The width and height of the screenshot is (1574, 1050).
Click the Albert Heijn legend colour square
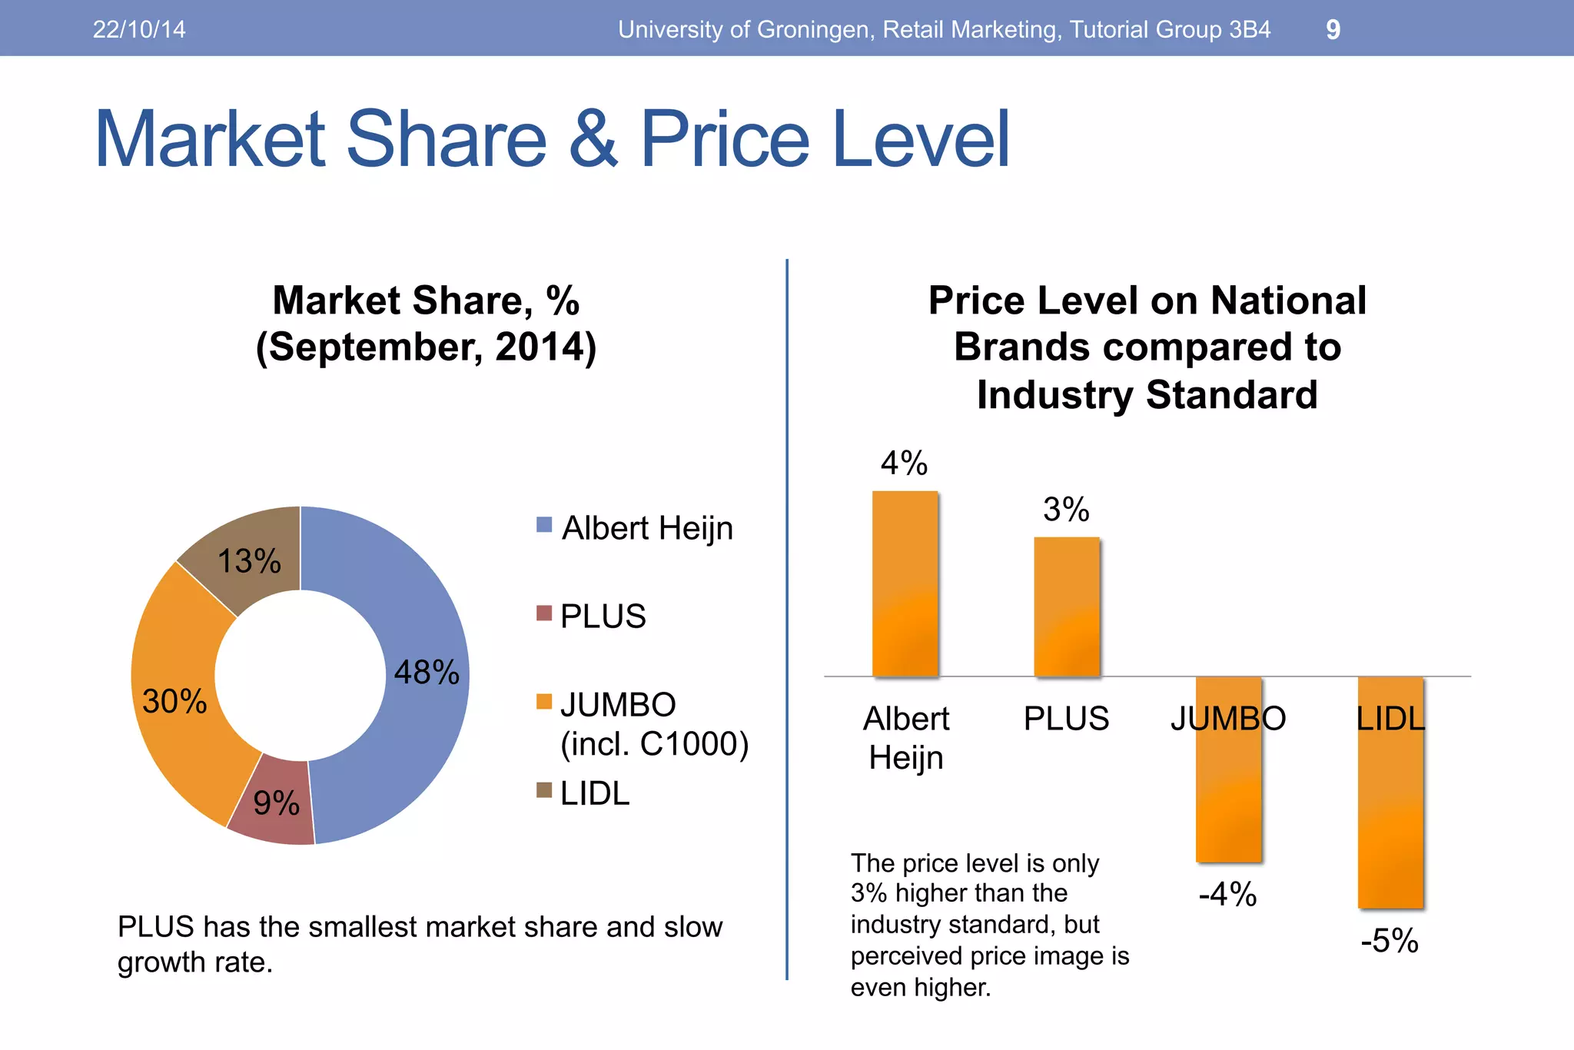pyautogui.click(x=544, y=525)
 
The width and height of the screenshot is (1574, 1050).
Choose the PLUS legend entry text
pyautogui.click(x=603, y=616)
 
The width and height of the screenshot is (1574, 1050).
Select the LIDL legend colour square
pyautogui.click(x=544, y=790)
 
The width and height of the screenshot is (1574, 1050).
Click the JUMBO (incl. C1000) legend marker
pyautogui.click(x=544, y=701)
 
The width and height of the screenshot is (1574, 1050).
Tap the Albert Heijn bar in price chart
pyautogui.click(x=905, y=584)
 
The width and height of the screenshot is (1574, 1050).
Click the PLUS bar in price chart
pyautogui.click(x=1067, y=607)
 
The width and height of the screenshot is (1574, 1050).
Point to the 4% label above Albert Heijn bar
pyautogui.click(x=905, y=464)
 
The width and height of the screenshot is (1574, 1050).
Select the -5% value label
pyautogui.click(x=1390, y=941)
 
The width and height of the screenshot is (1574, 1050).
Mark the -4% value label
pyautogui.click(x=1228, y=895)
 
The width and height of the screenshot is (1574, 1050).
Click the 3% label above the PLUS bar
pyautogui.click(x=1066, y=510)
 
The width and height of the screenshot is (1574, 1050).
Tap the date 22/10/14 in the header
pyautogui.click(x=139, y=29)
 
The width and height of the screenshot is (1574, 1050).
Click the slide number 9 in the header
pyautogui.click(x=1333, y=29)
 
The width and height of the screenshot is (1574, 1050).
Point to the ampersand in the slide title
pyautogui.click(x=593, y=139)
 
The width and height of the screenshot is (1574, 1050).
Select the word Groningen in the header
pyautogui.click(x=814, y=29)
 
